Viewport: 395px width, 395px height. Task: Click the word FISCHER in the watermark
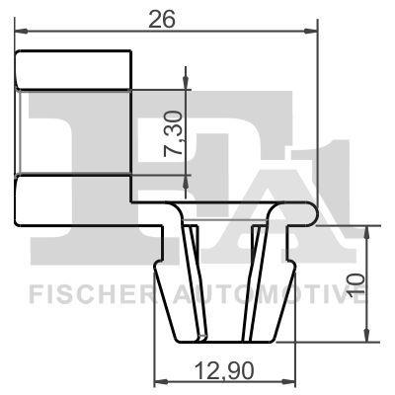click(x=84, y=292)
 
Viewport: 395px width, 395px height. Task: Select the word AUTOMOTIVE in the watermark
click(x=267, y=292)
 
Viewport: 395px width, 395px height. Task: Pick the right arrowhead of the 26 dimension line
click(x=315, y=31)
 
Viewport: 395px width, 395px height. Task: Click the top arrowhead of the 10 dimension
click(x=366, y=228)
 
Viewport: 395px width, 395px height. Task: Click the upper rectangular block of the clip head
click(x=74, y=71)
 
